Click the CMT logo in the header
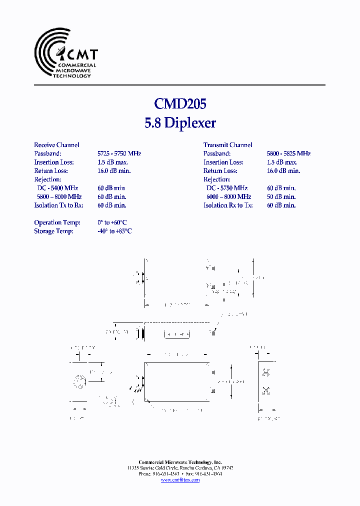click(x=65, y=53)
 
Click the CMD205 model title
click(x=180, y=103)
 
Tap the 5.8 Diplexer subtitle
click(x=180, y=123)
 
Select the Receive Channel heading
click(x=56, y=145)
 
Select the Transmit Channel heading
click(x=227, y=145)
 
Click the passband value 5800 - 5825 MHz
click(x=288, y=153)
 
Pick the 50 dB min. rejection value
click(x=281, y=196)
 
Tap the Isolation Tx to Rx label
click(x=58, y=205)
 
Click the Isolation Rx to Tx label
click(x=228, y=205)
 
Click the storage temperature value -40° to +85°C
click(x=114, y=231)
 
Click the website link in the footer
click(x=180, y=480)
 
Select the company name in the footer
click(x=180, y=462)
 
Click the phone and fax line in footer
click(x=180, y=474)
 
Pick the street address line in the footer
click(x=180, y=468)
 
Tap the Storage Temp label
click(x=53, y=231)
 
